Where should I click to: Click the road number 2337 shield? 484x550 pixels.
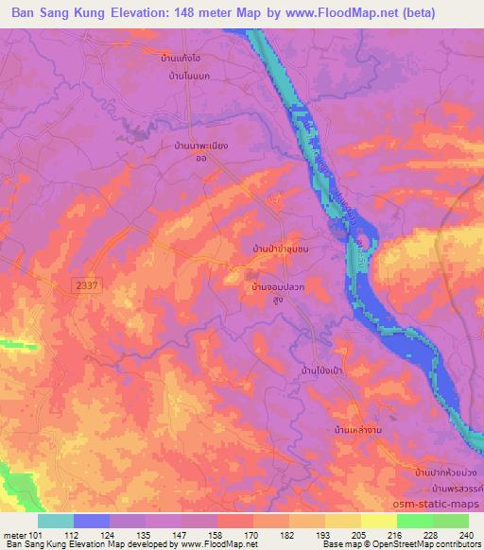tap(84, 283)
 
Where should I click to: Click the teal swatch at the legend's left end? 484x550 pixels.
tap(56, 521)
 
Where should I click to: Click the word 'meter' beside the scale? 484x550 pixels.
tap(11, 534)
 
